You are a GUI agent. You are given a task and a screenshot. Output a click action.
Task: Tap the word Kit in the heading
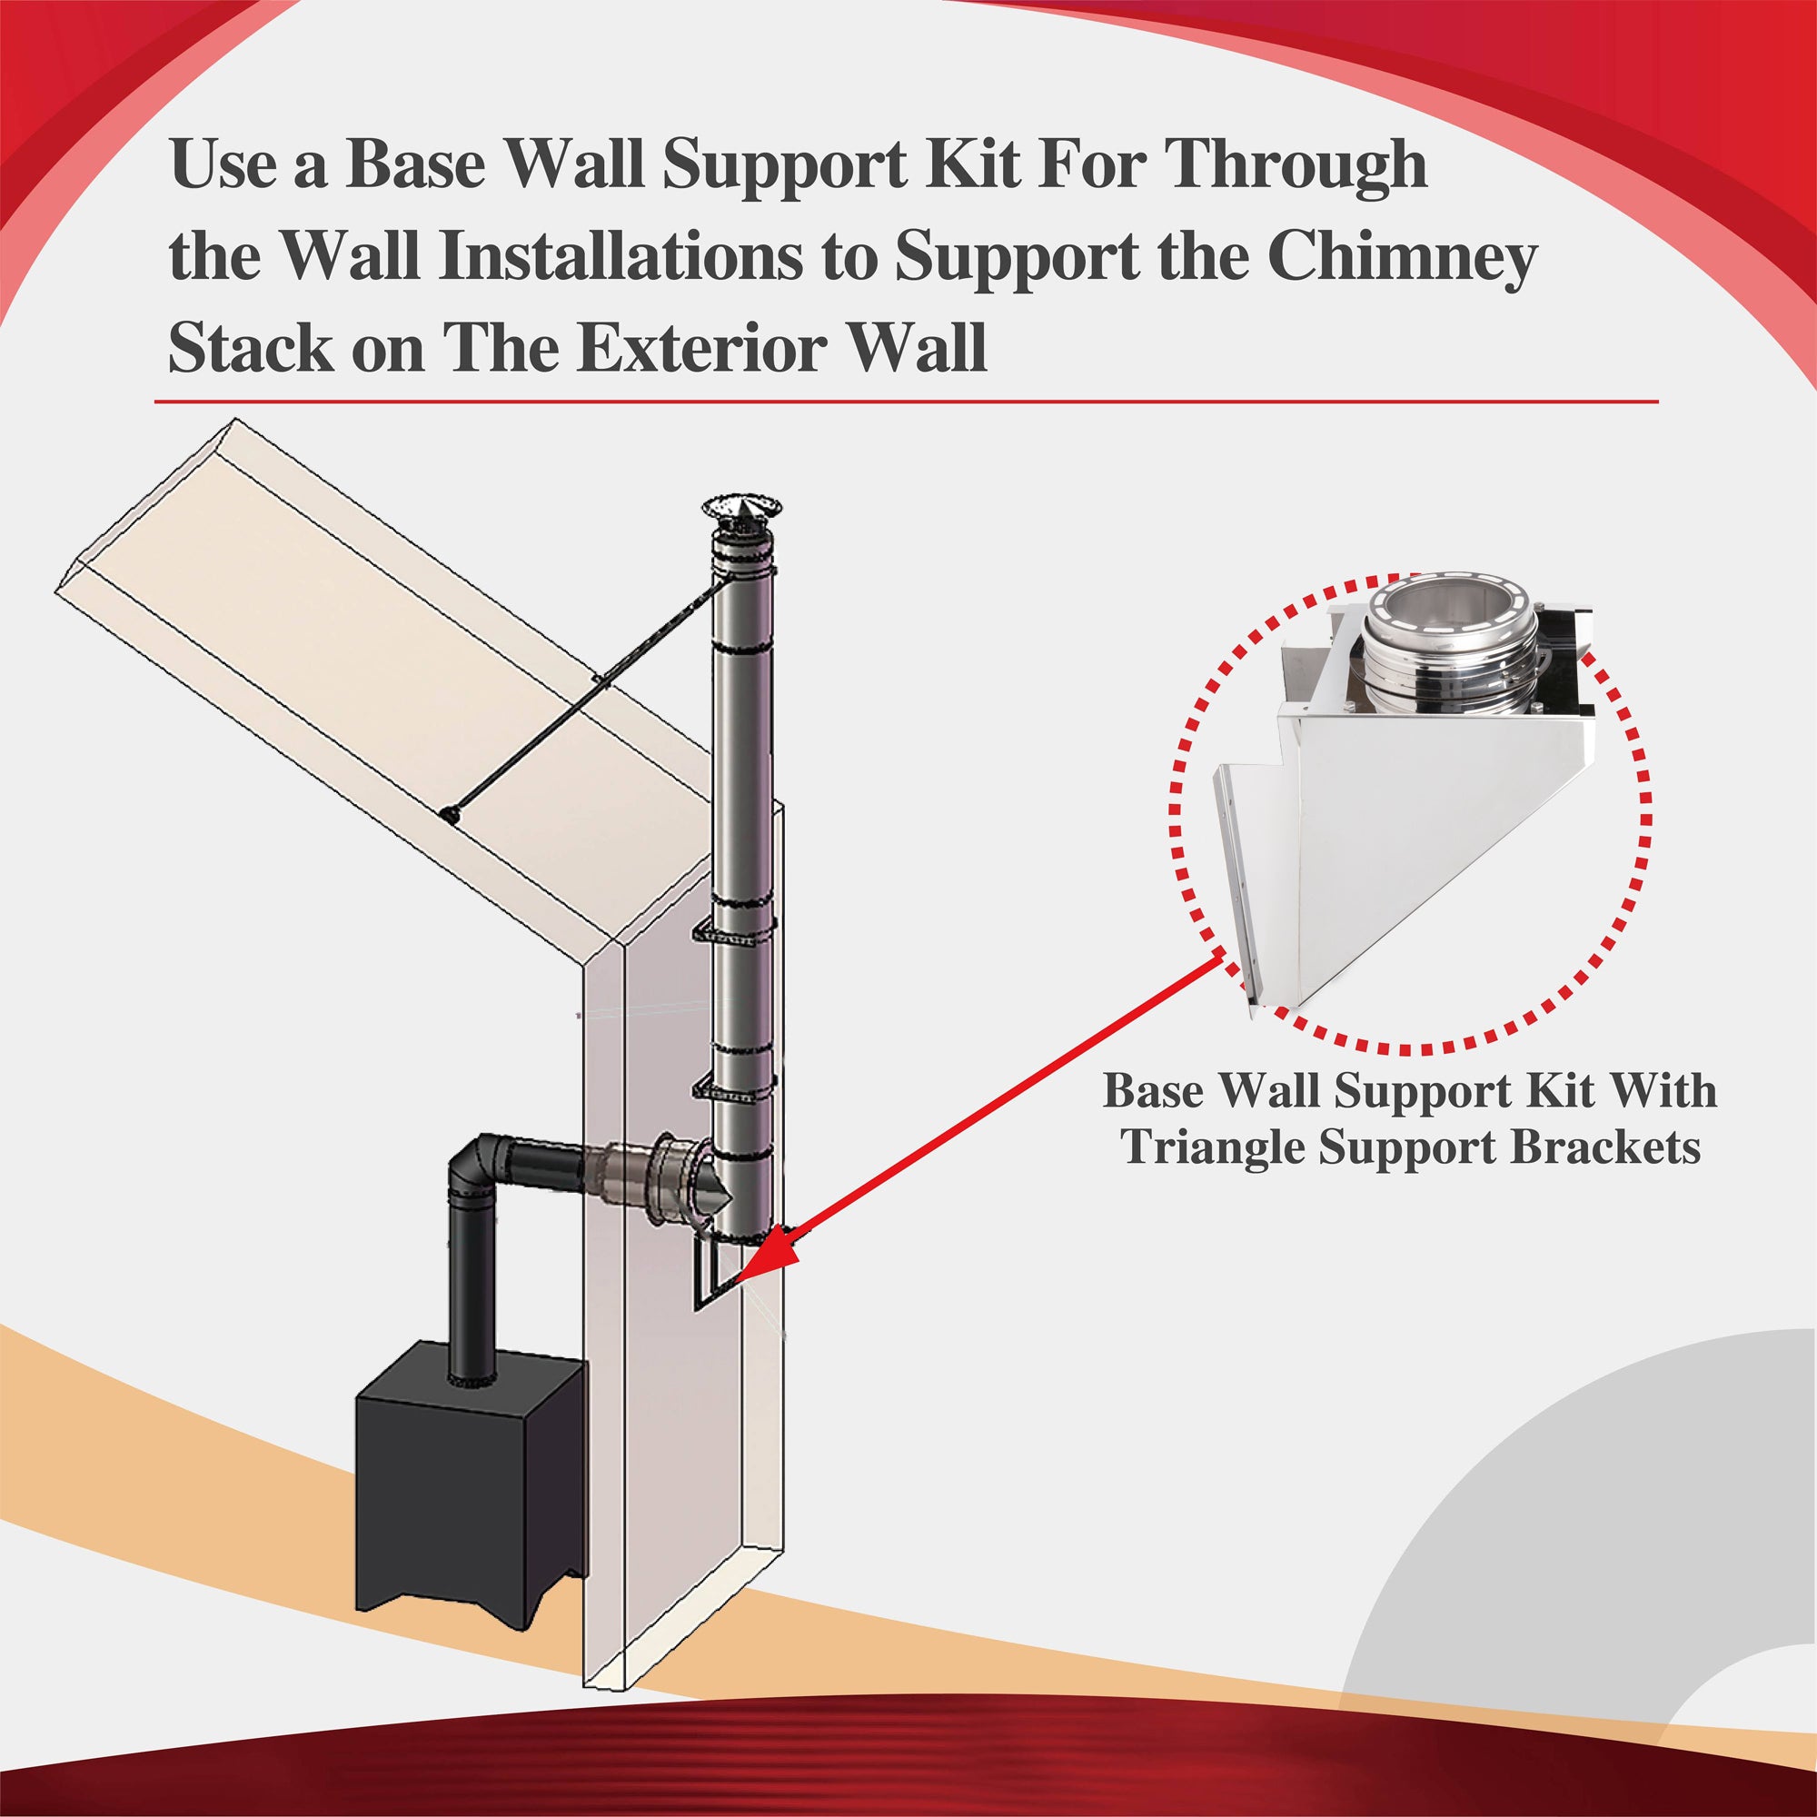(x=971, y=164)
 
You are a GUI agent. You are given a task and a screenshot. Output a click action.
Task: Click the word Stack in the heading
(x=250, y=349)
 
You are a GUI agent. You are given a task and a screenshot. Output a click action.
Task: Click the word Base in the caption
(x=1152, y=1092)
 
